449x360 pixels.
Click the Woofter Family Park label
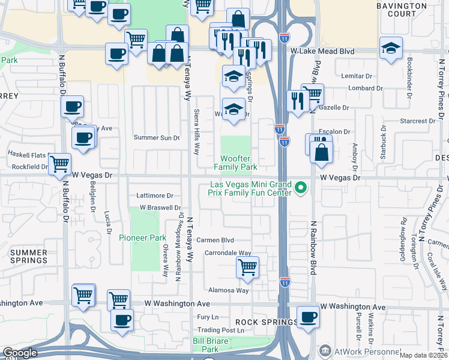pyautogui.click(x=235, y=163)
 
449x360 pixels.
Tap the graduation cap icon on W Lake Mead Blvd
pyautogui.click(x=391, y=49)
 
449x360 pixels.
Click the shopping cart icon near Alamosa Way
pyautogui.click(x=247, y=266)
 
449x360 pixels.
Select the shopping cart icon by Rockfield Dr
pyautogui.click(x=59, y=163)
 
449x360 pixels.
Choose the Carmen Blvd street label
pyautogui.click(x=218, y=240)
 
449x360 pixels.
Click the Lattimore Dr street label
pyautogui.click(x=154, y=196)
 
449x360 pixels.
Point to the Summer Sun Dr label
pyautogui.click(x=157, y=138)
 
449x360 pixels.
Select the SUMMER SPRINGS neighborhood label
pyautogui.click(x=28, y=256)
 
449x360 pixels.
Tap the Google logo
pyautogui.click(x=20, y=353)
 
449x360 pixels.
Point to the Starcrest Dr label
pyautogui.click(x=413, y=121)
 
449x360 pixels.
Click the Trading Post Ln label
pyautogui.click(x=221, y=330)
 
